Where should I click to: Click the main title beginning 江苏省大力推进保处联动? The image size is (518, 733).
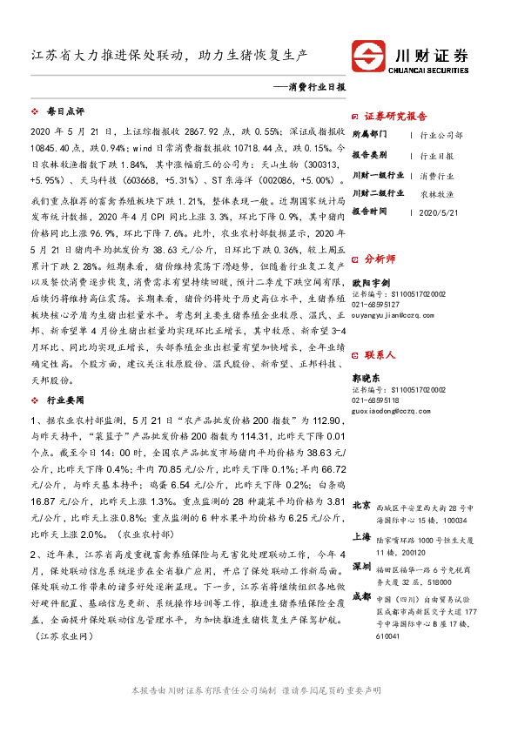pyautogui.click(x=170, y=55)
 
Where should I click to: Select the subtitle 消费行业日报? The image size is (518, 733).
pyautogui.click(x=316, y=88)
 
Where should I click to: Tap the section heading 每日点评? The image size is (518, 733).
pyautogui.click(x=65, y=112)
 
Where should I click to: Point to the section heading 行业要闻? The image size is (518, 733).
pyautogui.click(x=65, y=400)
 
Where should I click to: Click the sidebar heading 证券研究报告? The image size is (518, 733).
pyautogui.click(x=395, y=116)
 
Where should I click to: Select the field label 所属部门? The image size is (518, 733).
pyautogui.click(x=372, y=136)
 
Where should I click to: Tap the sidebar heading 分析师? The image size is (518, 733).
pyautogui.click(x=380, y=258)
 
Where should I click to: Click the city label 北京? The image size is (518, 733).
pyautogui.click(x=362, y=505)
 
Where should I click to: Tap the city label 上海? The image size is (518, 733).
pyautogui.click(x=362, y=537)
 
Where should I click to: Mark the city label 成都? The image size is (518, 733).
pyautogui.click(x=362, y=596)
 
